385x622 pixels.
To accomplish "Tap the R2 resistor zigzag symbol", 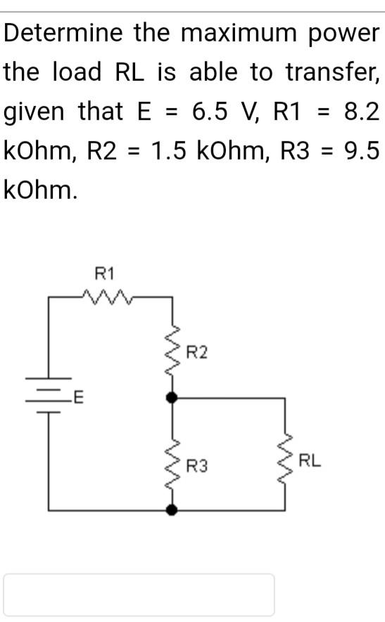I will pos(171,352).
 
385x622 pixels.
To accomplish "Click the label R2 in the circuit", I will pos(197,352).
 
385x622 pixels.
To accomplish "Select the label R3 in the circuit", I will pos(197,465).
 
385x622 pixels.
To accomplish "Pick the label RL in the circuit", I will pos(310,462).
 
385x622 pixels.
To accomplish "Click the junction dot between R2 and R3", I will pos(171,398).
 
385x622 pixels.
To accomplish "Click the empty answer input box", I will pos(139,594).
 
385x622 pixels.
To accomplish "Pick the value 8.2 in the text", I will pos(362,110).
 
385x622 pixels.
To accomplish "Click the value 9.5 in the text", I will pos(362,150).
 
